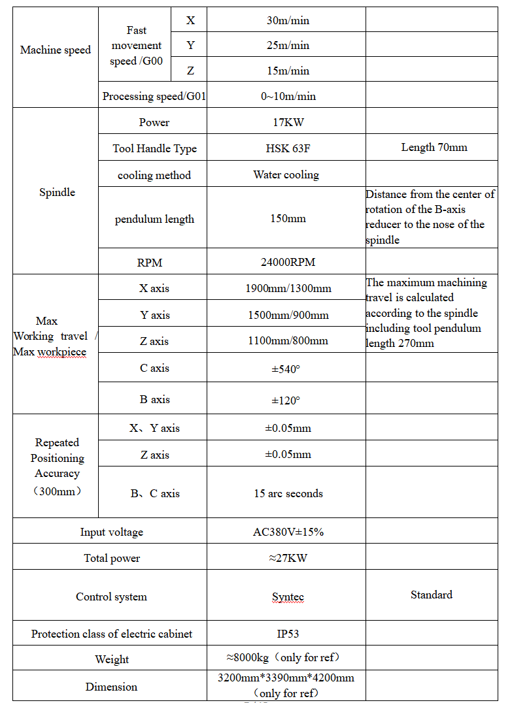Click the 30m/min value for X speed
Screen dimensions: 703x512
[288, 21]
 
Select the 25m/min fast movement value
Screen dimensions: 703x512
[288, 46]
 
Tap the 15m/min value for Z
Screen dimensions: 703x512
[288, 71]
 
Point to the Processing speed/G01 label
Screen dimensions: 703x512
[154, 97]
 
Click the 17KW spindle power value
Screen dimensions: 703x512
[288, 122]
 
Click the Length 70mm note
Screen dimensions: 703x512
[434, 148]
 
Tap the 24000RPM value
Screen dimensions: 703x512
[288, 263]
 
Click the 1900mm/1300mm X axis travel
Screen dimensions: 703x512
[288, 288]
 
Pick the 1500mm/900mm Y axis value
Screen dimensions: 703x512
[288, 315]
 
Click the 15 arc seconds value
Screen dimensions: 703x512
[288, 494]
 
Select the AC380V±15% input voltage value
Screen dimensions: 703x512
[288, 532]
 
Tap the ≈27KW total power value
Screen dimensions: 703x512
[288, 559]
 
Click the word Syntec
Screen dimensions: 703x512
[288, 597]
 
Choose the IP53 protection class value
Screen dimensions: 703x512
[288, 634]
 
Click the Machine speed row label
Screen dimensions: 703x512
[56, 50]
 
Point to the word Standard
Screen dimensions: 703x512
[432, 595]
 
